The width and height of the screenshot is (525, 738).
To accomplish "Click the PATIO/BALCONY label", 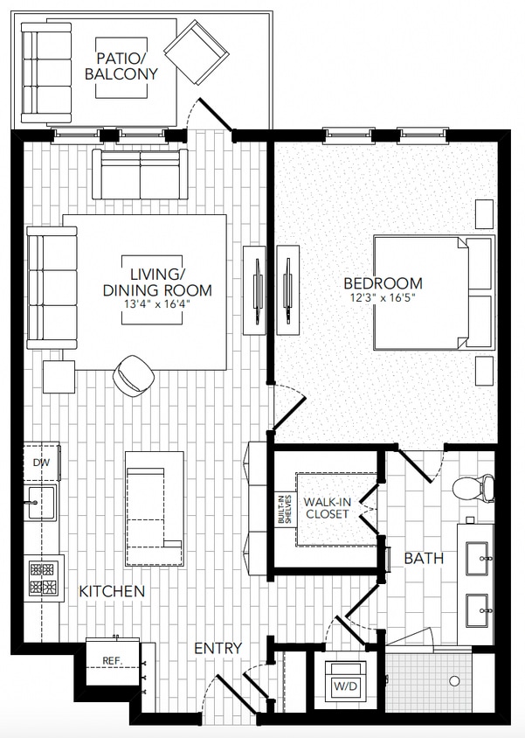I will pos(121,66).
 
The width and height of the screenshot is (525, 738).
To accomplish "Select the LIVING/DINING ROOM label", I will pos(157,282).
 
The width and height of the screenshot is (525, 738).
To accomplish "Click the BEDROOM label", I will pos(383,283).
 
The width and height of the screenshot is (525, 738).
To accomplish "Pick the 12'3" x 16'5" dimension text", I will pos(383,298).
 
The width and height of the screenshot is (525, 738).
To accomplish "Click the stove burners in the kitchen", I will pos(42,578).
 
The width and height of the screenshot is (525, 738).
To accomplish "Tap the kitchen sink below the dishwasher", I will pos(39,504).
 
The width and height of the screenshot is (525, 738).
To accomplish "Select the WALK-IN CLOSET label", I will pos(327,508).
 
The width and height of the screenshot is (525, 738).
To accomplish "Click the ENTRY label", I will pos(218,648).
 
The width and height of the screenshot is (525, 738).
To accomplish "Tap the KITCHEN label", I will pos(112,592).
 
